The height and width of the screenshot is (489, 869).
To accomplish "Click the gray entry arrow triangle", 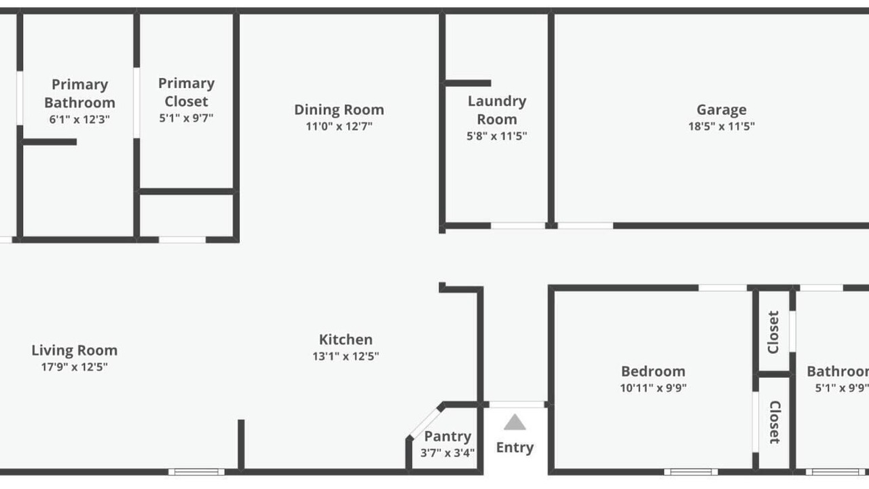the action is pyautogui.click(x=515, y=422).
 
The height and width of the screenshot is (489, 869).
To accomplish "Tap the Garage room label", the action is pyautogui.click(x=721, y=110).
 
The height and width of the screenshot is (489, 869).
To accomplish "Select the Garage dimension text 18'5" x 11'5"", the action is pyautogui.click(x=721, y=126).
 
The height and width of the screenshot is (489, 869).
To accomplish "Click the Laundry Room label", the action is pyautogui.click(x=497, y=110).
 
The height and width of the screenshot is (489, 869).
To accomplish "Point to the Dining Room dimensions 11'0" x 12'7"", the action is pyautogui.click(x=339, y=126).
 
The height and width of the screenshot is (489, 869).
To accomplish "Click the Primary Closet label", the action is pyautogui.click(x=186, y=92).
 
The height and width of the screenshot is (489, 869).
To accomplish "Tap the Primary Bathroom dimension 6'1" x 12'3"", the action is pyautogui.click(x=79, y=119).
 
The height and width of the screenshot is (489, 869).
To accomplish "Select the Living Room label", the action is pyautogui.click(x=75, y=350).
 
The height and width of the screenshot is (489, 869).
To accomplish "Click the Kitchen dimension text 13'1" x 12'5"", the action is pyautogui.click(x=346, y=356).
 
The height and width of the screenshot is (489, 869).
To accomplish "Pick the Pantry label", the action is pyautogui.click(x=447, y=436).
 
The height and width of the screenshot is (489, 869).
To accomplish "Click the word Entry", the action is pyautogui.click(x=515, y=448).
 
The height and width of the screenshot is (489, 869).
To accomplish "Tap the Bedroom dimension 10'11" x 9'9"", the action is pyautogui.click(x=653, y=388).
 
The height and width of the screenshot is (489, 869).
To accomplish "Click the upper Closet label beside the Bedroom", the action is pyautogui.click(x=773, y=332).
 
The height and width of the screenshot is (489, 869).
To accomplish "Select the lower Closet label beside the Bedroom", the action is pyautogui.click(x=775, y=422).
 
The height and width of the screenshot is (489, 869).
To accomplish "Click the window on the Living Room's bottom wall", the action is pyautogui.click(x=196, y=472).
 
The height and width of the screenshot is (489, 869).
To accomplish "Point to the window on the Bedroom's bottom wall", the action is pyautogui.click(x=691, y=472).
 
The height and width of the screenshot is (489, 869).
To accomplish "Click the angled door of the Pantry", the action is pyautogui.click(x=425, y=422).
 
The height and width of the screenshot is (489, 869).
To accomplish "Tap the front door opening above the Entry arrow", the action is pyautogui.click(x=517, y=405).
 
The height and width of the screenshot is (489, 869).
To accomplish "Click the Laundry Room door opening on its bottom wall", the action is pyautogui.click(x=518, y=225).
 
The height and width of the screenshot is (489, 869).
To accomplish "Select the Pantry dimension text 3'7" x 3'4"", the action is pyautogui.click(x=447, y=453).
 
